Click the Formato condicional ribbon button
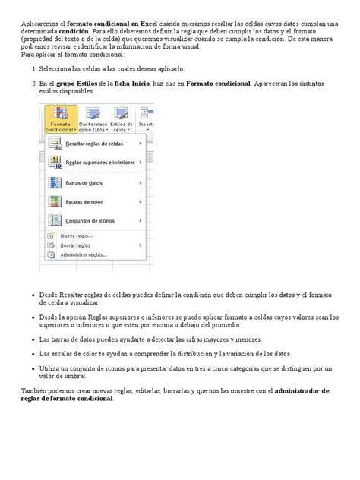click(x=59, y=119)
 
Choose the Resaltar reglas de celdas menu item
click(x=94, y=143)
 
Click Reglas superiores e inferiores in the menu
click(x=100, y=163)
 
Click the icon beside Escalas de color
click(x=55, y=201)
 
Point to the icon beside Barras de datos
click(x=55, y=182)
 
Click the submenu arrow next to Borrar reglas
click(x=141, y=245)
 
